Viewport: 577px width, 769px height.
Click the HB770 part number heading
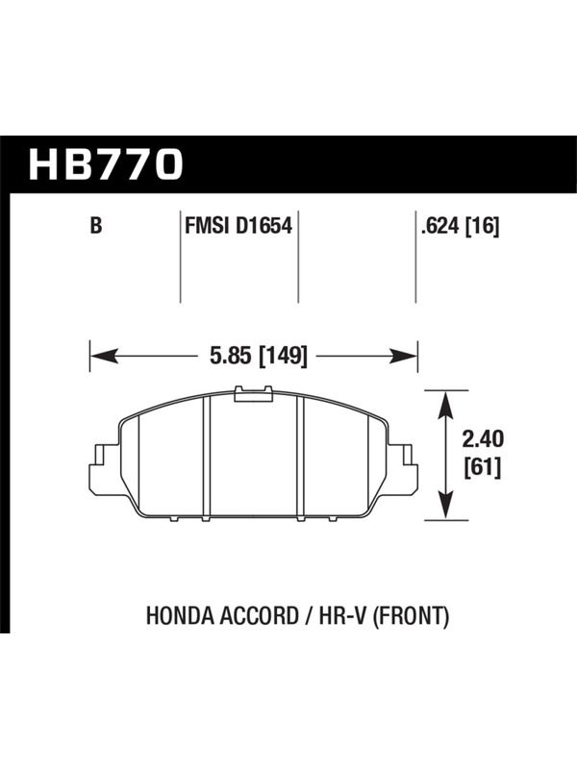[106, 164]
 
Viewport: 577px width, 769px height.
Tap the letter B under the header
[96, 226]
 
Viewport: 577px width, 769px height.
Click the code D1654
[264, 226]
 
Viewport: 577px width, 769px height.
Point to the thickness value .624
[440, 226]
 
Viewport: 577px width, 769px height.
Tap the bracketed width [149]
[283, 355]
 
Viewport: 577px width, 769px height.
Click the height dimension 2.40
[483, 439]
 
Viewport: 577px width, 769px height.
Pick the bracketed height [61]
[483, 467]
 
